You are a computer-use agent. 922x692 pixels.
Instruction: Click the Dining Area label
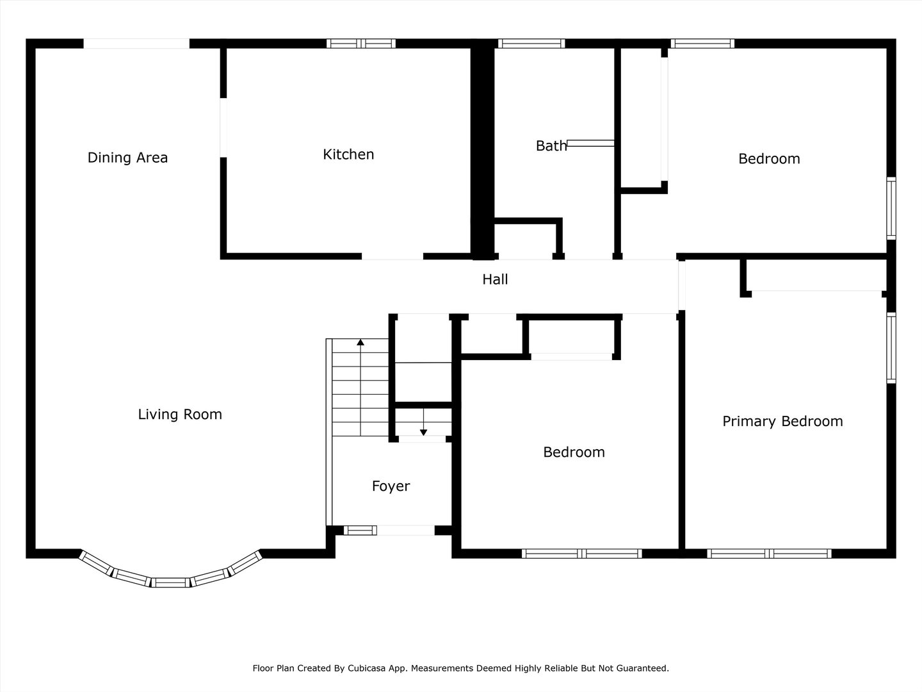[127, 158]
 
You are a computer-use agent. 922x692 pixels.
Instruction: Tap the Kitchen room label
[348, 154]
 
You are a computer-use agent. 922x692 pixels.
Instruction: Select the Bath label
[551, 146]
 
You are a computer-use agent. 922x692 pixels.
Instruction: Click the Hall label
[495, 279]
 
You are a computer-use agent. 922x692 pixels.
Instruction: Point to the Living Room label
[180, 415]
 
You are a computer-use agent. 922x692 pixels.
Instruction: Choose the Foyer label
[391, 486]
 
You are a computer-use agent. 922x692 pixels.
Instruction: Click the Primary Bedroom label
[782, 422]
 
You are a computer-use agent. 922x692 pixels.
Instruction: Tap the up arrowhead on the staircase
[360, 343]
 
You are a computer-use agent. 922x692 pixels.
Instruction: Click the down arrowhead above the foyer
[423, 432]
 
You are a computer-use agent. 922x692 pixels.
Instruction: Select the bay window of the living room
[171, 576]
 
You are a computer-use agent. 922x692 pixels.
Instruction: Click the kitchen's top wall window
[361, 44]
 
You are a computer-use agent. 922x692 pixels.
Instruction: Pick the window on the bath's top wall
[531, 44]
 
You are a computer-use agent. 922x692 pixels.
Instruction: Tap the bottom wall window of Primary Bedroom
[769, 554]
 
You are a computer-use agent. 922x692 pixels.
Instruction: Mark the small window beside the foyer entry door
[360, 531]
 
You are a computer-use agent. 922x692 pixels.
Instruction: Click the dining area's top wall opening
[136, 44]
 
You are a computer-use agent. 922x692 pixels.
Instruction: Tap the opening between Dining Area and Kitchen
[223, 128]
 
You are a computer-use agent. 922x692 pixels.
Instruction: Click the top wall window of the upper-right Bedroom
[702, 44]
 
